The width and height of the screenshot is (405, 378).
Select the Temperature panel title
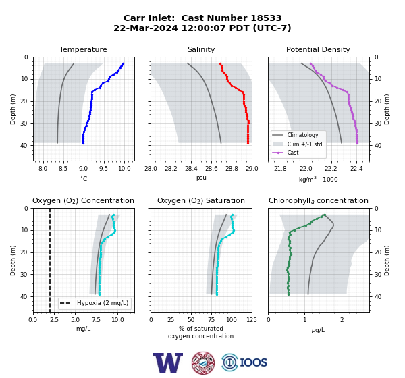tap(83, 49)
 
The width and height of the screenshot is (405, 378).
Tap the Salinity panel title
tap(201, 49)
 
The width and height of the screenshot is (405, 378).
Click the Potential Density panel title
tap(318, 49)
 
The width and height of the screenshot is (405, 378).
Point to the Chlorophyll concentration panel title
tap(319, 200)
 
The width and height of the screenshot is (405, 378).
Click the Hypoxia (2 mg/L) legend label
tap(103, 303)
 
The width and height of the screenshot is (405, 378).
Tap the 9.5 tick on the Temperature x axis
tap(103, 169)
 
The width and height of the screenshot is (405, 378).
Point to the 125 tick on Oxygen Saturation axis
tap(252, 320)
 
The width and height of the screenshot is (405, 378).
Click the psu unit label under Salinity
tap(201, 178)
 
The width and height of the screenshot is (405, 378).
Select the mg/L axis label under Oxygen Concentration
tap(84, 329)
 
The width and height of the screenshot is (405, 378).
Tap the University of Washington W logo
tap(168, 362)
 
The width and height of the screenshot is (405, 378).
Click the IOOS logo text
tap(254, 362)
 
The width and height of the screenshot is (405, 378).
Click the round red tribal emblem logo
tap(203, 362)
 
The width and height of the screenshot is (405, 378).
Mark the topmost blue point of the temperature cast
tap(124, 63)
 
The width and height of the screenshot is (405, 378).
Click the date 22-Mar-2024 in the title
tap(146, 28)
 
